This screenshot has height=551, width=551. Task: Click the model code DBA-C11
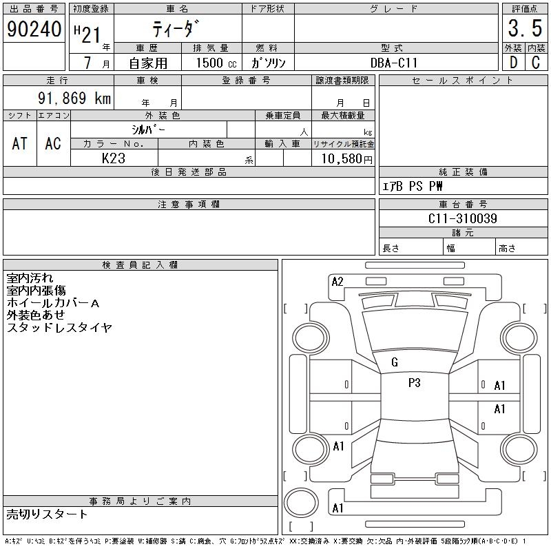click(394, 63)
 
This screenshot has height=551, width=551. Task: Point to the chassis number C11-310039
click(463, 218)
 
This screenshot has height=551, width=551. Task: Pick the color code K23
click(114, 158)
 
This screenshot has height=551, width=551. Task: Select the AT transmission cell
click(20, 143)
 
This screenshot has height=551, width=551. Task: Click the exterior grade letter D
click(512, 63)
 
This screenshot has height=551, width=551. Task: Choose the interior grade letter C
click(536, 63)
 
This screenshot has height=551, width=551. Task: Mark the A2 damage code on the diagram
click(337, 281)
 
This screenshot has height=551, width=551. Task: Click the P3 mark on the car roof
click(414, 384)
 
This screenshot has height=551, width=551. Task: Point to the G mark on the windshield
click(395, 362)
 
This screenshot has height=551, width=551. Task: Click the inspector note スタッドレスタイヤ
click(59, 328)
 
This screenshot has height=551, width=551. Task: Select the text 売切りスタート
click(48, 514)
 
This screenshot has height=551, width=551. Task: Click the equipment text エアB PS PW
click(413, 186)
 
